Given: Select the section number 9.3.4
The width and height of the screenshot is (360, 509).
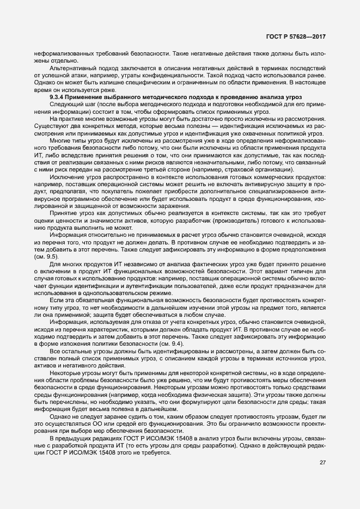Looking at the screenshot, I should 57,96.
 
